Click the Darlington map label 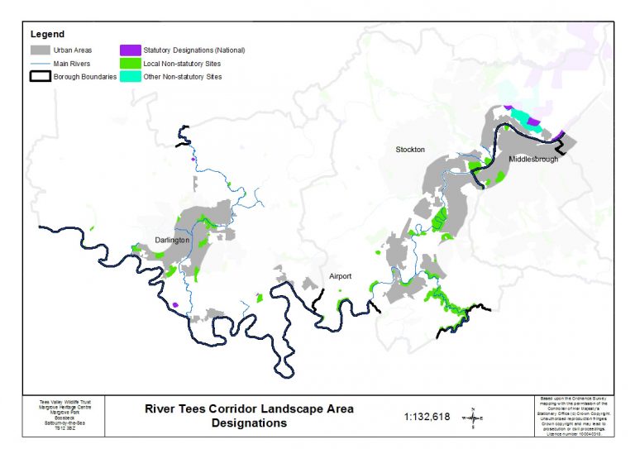[172, 241]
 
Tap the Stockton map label [410, 150]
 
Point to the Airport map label [340, 276]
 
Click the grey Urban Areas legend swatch [39, 50]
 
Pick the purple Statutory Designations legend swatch [130, 50]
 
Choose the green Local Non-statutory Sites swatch [130, 63]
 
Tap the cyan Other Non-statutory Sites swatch [130, 76]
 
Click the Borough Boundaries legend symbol [39, 76]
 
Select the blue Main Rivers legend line [39, 63]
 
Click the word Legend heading [46, 35]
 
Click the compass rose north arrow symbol [472, 418]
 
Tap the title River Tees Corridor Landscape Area [249, 408]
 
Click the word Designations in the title [249, 423]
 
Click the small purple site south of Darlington [176, 305]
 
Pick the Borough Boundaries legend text [85, 76]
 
